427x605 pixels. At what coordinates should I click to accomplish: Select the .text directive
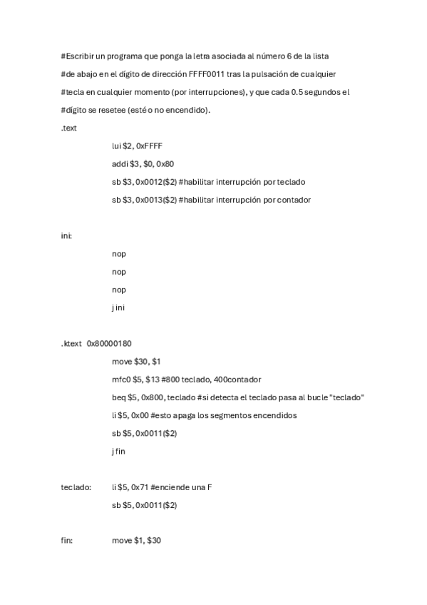coord(69,128)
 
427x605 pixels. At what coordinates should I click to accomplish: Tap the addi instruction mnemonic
coord(119,163)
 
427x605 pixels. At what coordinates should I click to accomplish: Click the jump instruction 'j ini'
coord(118,307)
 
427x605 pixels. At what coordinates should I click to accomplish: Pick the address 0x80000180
coord(109,343)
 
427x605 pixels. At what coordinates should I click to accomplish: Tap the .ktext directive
coord(72,343)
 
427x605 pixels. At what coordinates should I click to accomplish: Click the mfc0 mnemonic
coord(120,379)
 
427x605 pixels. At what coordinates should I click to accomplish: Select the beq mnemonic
coord(118,397)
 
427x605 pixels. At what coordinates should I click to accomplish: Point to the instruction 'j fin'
coord(118,451)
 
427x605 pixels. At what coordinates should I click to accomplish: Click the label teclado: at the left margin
coord(76,487)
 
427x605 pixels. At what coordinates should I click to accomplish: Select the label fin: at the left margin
coord(67,541)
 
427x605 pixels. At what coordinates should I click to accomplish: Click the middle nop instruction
coord(119,272)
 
